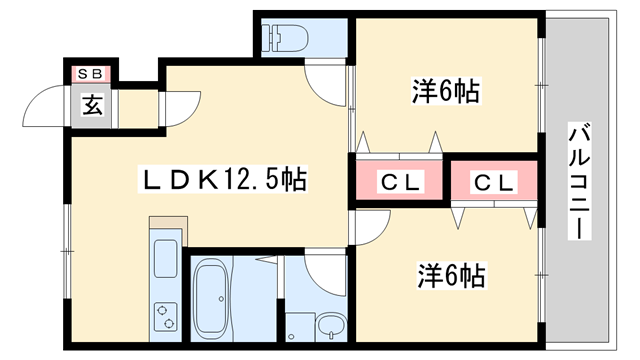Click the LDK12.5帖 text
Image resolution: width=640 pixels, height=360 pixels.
click(x=221, y=180)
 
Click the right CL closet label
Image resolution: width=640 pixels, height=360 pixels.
click(x=493, y=182)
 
